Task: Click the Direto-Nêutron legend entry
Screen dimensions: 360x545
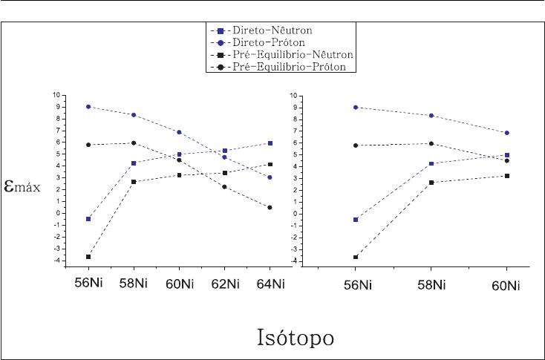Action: (x=280, y=30)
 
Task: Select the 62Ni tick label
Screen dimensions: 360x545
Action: (x=225, y=284)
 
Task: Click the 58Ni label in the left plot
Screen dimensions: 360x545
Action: (x=134, y=284)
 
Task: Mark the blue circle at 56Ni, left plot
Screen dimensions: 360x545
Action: (x=88, y=107)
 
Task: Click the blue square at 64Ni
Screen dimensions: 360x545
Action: (x=270, y=143)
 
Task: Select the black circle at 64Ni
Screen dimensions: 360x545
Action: (x=270, y=207)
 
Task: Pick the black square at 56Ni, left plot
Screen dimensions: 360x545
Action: (x=88, y=257)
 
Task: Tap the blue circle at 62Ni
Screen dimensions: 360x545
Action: (x=225, y=157)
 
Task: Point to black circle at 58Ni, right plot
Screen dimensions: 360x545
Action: (x=431, y=144)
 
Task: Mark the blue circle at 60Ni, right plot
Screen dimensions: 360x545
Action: (x=507, y=133)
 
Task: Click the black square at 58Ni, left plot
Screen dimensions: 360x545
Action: (x=134, y=182)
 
